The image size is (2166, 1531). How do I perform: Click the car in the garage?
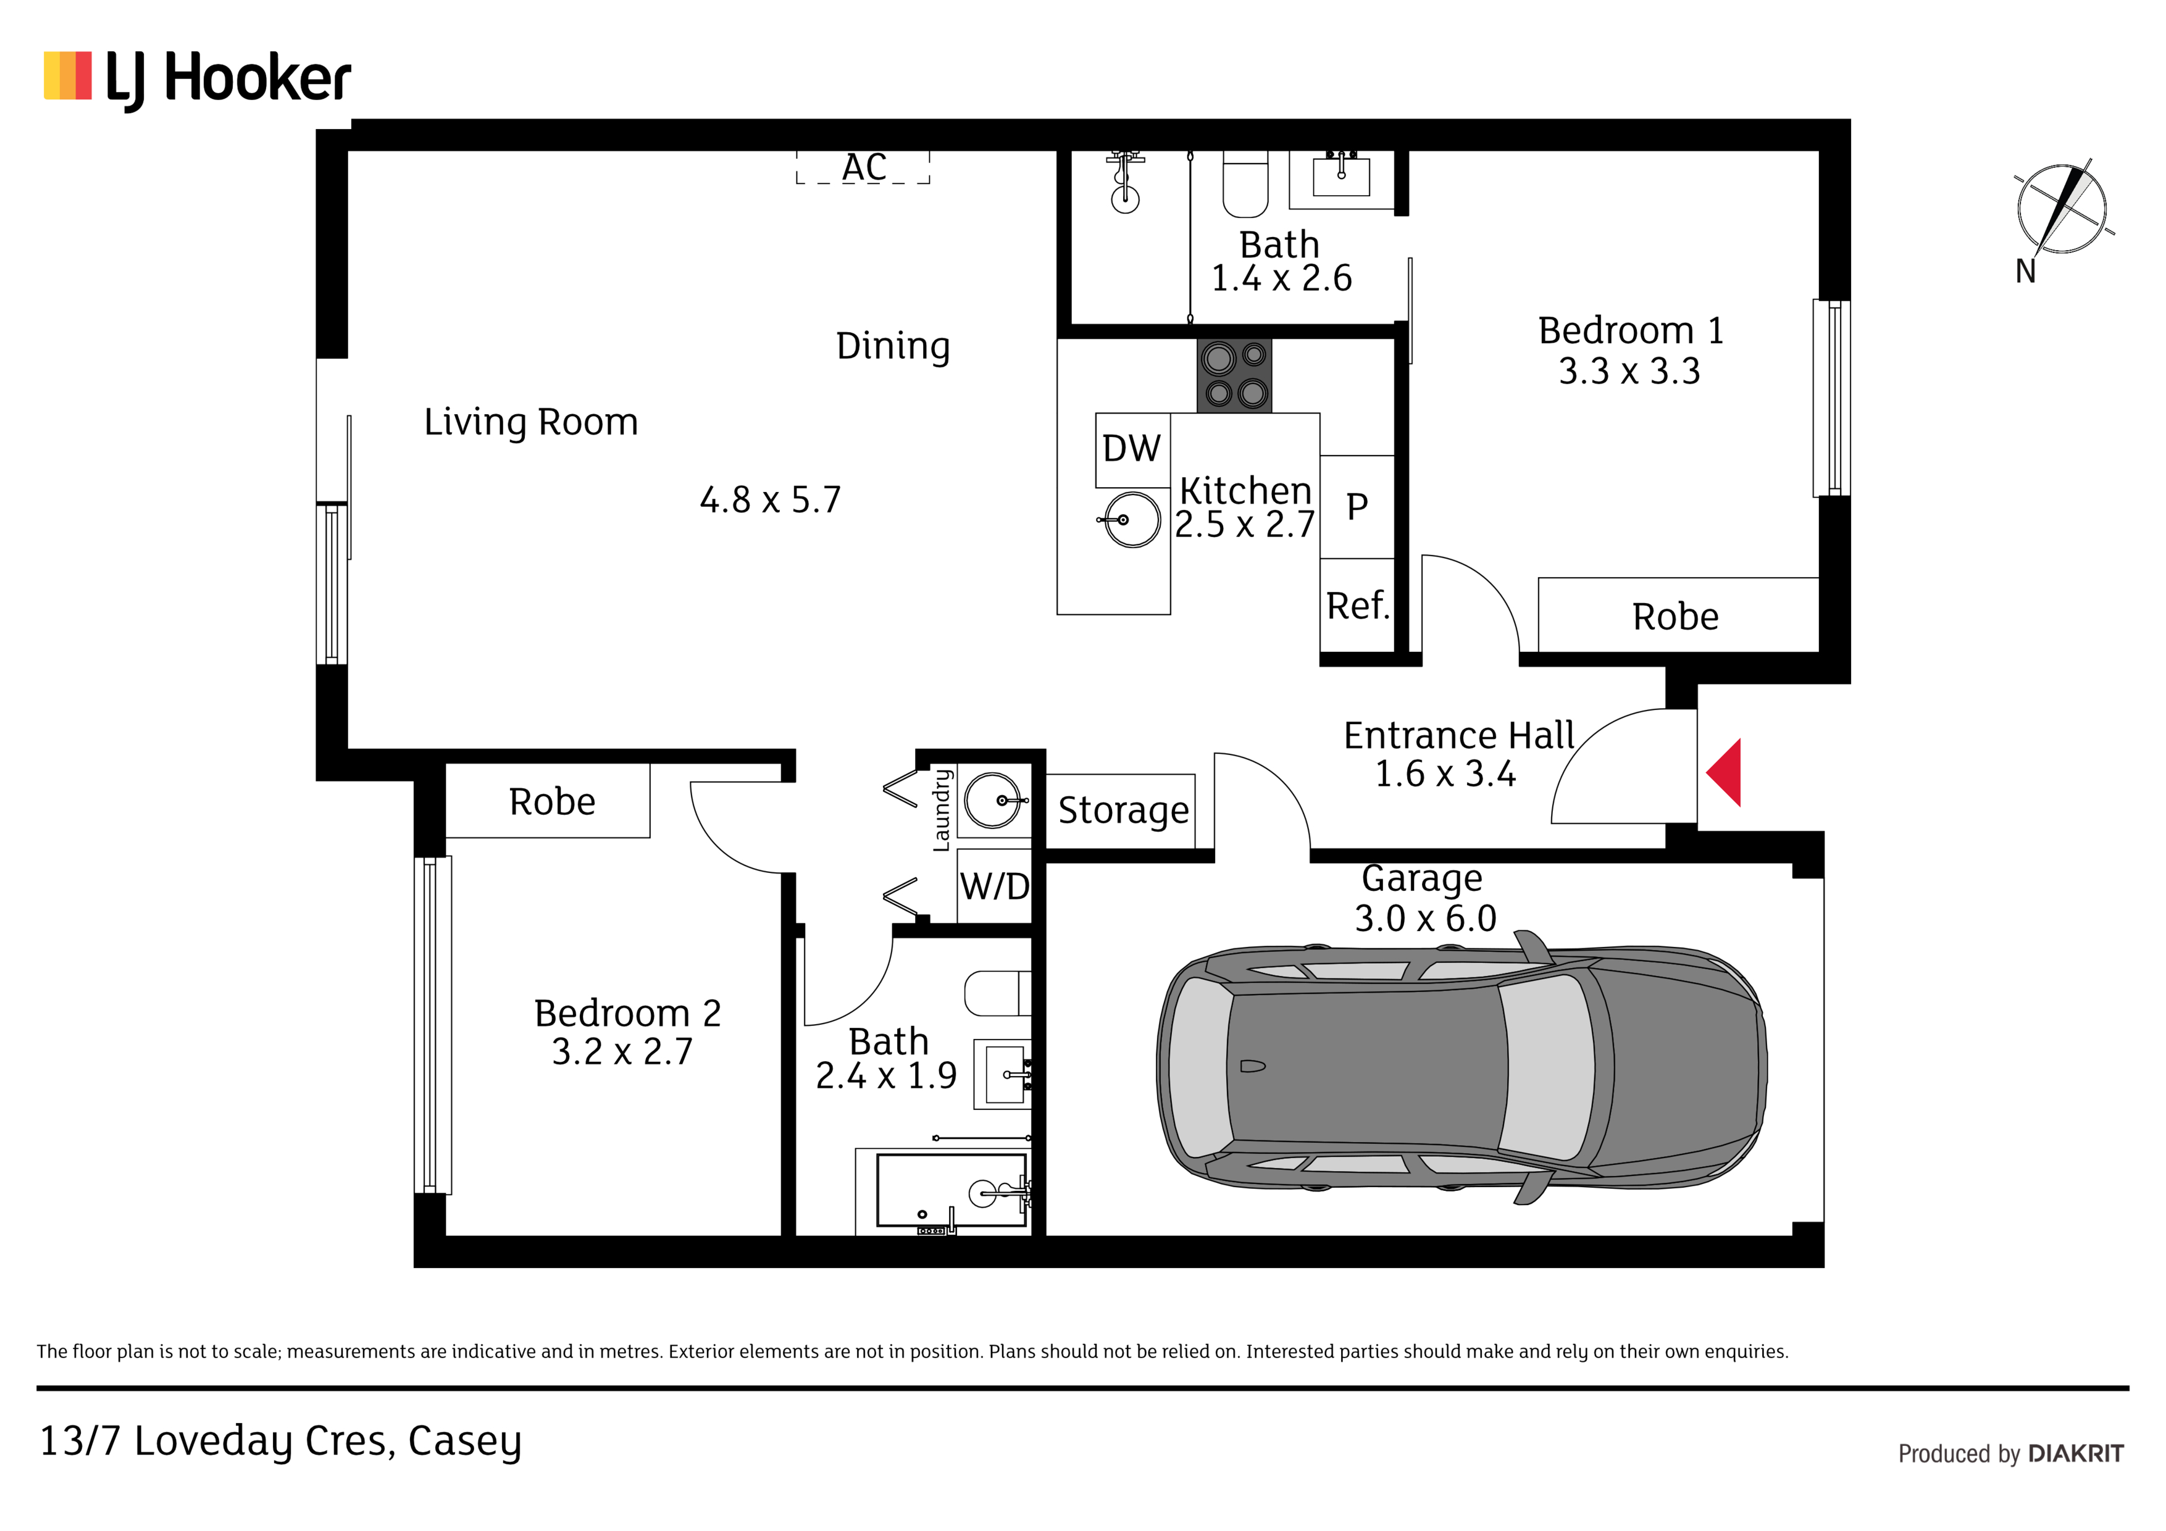click(x=1461, y=1076)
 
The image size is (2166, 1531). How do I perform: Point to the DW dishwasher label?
click(x=1131, y=449)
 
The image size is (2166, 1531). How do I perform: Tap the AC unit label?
click(x=864, y=168)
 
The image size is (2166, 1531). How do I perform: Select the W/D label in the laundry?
click(x=994, y=886)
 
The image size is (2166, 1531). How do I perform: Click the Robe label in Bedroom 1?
click(x=1676, y=617)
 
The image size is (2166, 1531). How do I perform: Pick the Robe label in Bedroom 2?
click(x=552, y=802)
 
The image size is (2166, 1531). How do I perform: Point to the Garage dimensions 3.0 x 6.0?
click(x=1426, y=919)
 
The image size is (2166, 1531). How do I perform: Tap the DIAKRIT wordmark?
click(x=2075, y=1454)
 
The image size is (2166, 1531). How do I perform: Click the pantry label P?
click(x=1357, y=507)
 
